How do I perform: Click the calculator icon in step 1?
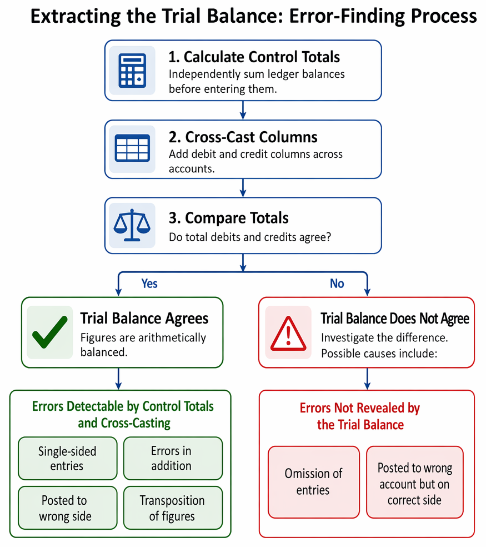click(132, 71)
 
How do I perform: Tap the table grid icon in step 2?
click(132, 148)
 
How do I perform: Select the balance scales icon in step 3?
click(132, 225)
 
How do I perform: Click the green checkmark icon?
click(50, 332)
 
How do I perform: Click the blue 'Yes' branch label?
click(149, 284)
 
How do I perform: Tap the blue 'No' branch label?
click(337, 284)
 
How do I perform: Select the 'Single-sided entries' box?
click(68, 459)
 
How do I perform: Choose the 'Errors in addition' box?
click(173, 459)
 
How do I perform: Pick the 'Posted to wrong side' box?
click(68, 508)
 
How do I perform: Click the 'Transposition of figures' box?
click(173, 508)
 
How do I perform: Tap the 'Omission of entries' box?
click(314, 482)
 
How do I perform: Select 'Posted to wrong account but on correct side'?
click(415, 482)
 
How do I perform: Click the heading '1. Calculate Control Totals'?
click(254, 57)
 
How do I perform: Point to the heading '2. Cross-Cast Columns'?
click(243, 137)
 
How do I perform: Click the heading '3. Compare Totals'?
click(229, 218)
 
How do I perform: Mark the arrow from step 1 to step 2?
click(243, 110)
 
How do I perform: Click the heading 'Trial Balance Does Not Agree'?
click(395, 319)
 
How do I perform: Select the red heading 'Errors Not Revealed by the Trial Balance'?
click(360, 416)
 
